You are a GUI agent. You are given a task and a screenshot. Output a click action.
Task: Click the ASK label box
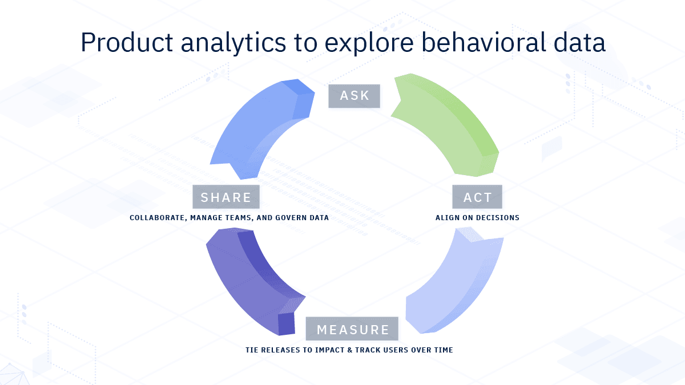354,96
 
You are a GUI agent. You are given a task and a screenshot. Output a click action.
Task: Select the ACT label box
477,197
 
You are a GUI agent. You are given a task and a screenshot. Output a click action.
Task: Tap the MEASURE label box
352,329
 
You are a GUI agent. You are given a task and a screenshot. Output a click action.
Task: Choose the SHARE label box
226,197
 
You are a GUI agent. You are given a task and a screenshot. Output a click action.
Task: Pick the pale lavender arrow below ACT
457,279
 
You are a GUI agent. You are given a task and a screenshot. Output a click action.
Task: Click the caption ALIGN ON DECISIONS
477,218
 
